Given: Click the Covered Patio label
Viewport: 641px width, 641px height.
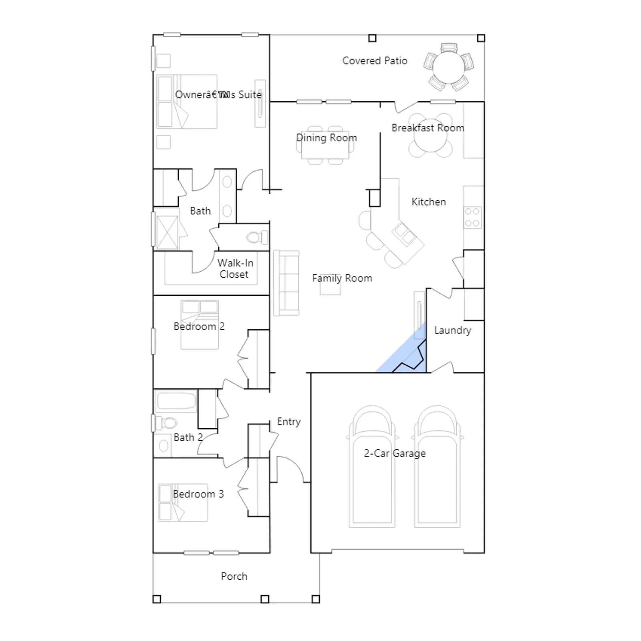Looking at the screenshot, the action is click(x=375, y=60).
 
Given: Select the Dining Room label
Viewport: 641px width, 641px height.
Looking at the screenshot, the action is click(x=327, y=138).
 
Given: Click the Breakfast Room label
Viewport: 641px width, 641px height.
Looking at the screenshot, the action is click(x=428, y=128).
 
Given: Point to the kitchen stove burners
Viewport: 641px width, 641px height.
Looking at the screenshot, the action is click(x=473, y=218).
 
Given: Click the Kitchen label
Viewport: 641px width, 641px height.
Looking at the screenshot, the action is click(x=429, y=202).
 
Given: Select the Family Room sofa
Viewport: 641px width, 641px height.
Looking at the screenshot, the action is click(x=286, y=283).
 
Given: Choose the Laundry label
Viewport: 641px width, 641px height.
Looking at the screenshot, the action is click(x=453, y=330).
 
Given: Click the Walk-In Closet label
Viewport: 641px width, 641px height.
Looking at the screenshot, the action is click(x=235, y=268).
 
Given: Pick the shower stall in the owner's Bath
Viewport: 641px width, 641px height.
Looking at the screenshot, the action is click(x=167, y=232).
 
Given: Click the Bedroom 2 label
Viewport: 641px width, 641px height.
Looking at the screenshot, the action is click(x=199, y=327).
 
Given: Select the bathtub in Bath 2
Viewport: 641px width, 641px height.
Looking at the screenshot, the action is click(x=175, y=401).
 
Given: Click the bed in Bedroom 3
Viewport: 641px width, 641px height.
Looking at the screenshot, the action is click(x=183, y=503).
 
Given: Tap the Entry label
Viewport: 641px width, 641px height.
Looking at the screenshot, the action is click(x=288, y=422).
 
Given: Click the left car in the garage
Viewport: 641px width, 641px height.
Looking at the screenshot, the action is click(x=372, y=467).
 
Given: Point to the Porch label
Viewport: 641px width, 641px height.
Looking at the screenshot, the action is click(x=234, y=576).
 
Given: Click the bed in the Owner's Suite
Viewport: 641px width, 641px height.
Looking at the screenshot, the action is click(x=187, y=101).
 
